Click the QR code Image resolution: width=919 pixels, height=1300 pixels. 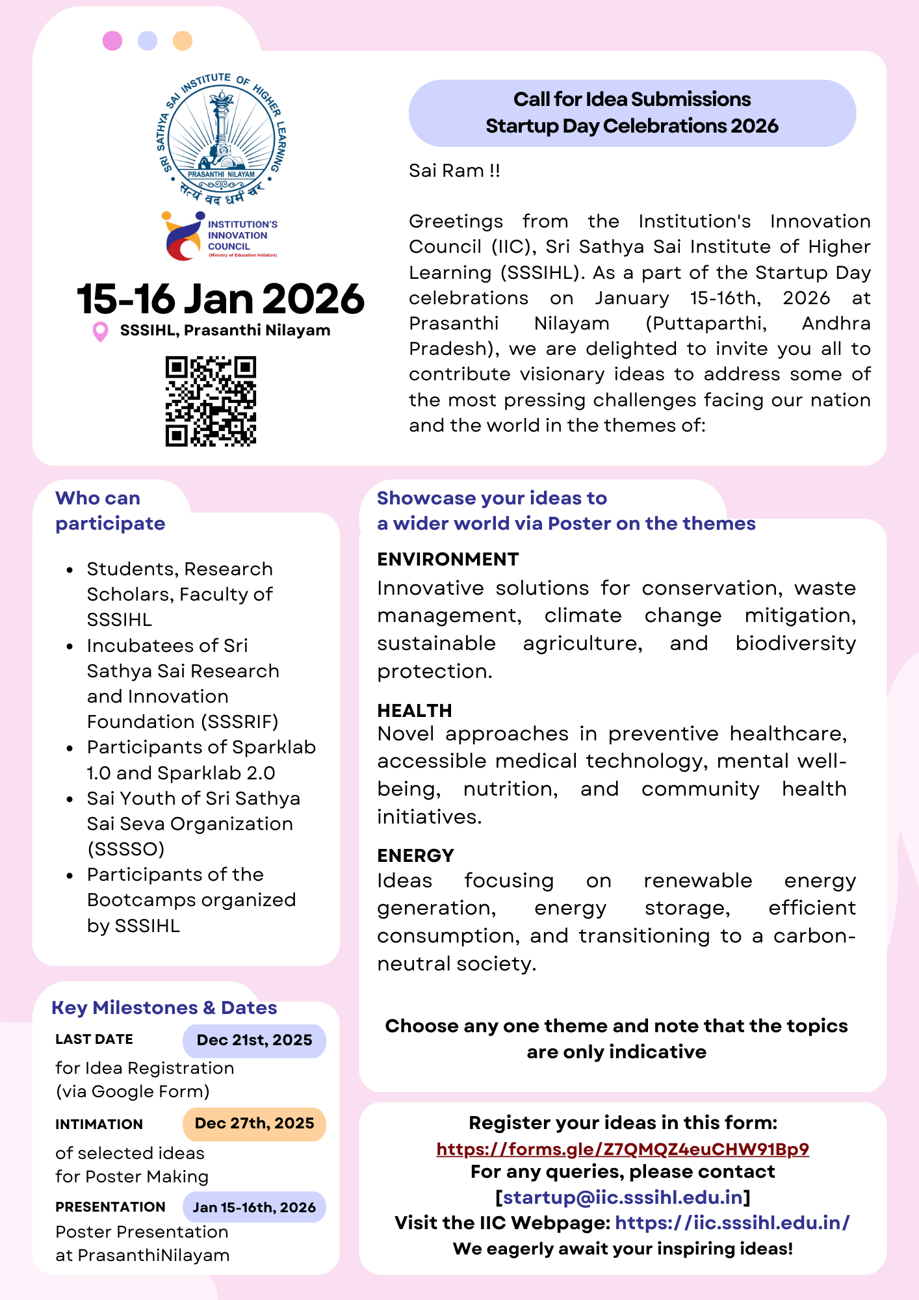(211, 401)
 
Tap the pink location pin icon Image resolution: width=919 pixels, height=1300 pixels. (100, 331)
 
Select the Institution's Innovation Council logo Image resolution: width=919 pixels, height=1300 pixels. (220, 236)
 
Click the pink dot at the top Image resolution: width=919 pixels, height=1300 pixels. (112, 41)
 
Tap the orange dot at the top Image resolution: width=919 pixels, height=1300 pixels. (183, 41)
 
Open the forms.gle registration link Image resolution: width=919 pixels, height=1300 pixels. (623, 1149)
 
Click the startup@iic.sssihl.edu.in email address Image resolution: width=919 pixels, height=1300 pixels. (623, 1197)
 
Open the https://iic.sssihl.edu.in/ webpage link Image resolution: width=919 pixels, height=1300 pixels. (732, 1223)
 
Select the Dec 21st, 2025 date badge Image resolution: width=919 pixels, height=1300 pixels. (254, 1040)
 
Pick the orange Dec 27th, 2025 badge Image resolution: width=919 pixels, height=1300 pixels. (254, 1124)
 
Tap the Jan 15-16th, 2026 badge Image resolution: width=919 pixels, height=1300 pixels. (254, 1207)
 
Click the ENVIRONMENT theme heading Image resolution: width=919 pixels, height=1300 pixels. (448, 559)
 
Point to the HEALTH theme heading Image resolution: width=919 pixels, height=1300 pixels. (415, 710)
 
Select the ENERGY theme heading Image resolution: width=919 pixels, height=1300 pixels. (415, 855)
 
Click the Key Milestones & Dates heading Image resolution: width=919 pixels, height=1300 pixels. (164, 1007)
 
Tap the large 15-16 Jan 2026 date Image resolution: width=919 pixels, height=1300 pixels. (220, 299)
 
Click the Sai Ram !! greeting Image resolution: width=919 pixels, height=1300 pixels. (454, 170)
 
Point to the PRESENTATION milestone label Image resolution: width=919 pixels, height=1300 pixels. (110, 1207)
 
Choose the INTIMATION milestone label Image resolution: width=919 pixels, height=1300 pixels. (99, 1124)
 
